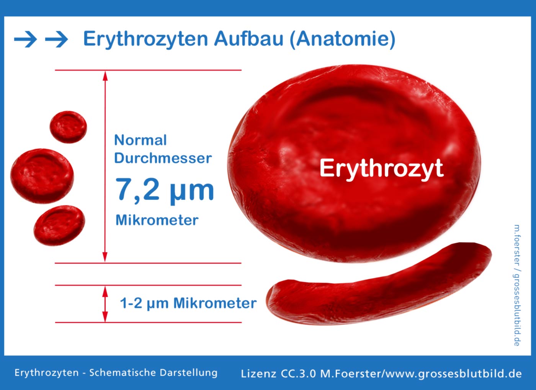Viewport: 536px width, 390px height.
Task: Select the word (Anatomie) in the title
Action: point(343,39)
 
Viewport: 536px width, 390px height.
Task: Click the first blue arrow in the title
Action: point(25,39)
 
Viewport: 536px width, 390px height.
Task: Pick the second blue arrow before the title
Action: point(57,39)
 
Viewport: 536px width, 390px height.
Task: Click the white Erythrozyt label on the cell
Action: point(382,169)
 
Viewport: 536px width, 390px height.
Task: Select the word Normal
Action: point(141,140)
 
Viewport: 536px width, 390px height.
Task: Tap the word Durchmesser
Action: point(163,158)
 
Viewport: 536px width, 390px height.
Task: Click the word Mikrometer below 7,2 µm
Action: point(157,220)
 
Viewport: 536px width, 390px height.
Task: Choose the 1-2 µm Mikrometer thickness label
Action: point(188,304)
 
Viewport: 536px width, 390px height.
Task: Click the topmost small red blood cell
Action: point(68,127)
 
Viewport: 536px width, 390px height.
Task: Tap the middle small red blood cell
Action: point(42,176)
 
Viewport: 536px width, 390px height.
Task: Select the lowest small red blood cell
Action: point(59,225)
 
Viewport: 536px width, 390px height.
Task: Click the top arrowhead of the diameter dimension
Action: point(105,76)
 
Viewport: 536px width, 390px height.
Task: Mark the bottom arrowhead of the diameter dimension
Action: point(105,257)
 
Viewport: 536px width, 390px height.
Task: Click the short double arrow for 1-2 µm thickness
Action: point(105,304)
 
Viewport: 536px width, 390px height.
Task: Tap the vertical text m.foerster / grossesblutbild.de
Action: point(516,285)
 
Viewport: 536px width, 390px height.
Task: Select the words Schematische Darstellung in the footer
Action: point(154,373)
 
